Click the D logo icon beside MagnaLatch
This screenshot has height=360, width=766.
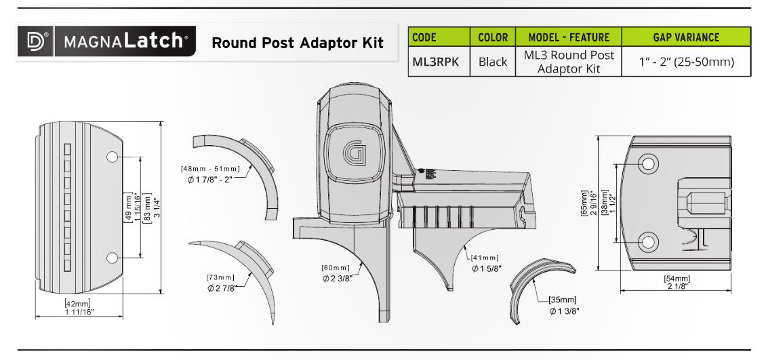pos(35,41)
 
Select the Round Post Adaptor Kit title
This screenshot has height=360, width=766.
pos(297,43)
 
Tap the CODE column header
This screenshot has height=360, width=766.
pos(424,37)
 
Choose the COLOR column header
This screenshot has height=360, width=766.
pos(492,37)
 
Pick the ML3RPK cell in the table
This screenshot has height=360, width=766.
pos(436,62)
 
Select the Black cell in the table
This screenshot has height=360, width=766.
pos(492,62)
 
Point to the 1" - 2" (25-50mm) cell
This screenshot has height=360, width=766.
pos(686,62)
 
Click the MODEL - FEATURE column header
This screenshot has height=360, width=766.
pos(569,37)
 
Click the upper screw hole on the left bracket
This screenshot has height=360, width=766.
pos(112,157)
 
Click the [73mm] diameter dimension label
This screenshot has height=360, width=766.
pos(220,278)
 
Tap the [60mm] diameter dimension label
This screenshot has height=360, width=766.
pos(336,267)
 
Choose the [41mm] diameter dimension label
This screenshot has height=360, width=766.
pos(485,258)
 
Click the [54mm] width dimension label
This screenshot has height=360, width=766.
pos(676,279)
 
